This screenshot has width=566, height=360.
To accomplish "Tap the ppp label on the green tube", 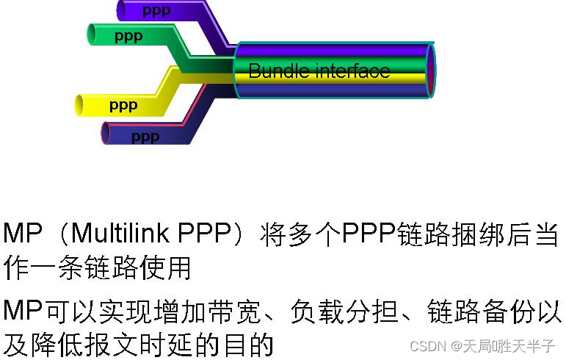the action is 128,35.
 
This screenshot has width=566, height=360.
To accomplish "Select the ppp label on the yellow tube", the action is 123,106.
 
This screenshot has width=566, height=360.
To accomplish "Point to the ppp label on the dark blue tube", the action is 145,136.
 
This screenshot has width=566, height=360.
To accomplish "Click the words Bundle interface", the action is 319,71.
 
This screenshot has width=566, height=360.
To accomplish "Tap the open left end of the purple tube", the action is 121,10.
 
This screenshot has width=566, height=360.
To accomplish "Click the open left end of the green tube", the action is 92,35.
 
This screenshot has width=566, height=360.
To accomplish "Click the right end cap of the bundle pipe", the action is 430,71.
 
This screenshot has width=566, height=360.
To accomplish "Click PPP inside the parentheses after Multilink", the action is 205,234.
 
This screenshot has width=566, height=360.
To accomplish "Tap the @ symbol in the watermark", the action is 456,346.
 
